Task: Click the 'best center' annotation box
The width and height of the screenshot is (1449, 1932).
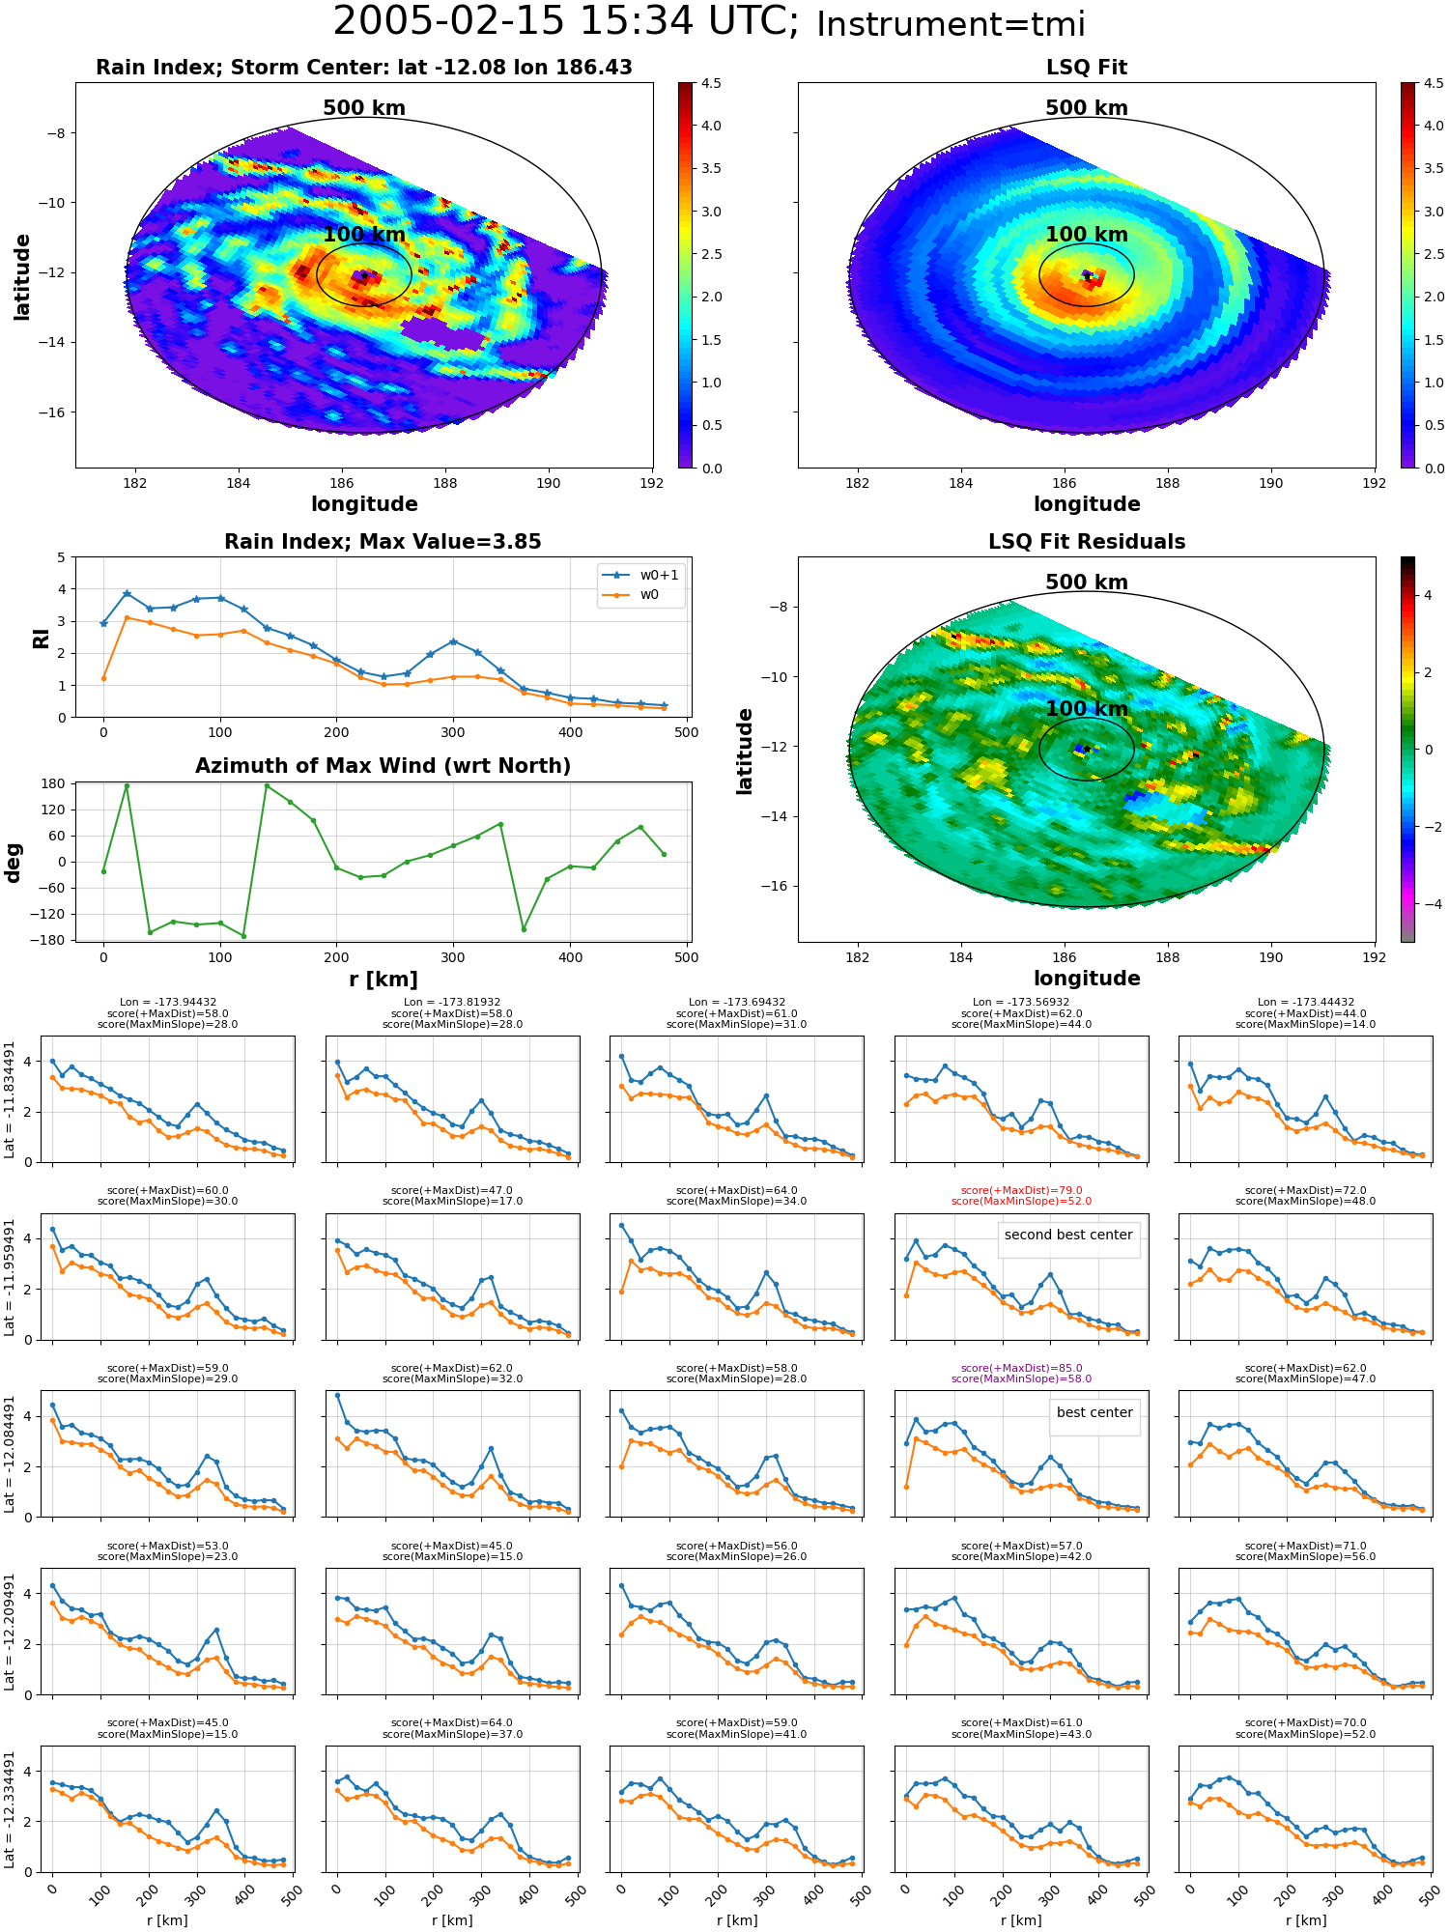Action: coord(1094,1412)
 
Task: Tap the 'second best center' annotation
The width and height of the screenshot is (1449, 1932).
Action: coord(1068,1235)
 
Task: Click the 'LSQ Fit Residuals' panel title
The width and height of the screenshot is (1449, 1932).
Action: coord(1087,542)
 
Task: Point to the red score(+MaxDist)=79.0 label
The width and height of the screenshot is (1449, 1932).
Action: coord(1021,1190)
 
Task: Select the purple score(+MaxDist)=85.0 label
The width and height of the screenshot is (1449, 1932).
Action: coord(1021,1368)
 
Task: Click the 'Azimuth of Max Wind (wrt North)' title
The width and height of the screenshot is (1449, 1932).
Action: coord(383,766)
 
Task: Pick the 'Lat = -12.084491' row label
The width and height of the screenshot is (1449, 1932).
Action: coord(10,1454)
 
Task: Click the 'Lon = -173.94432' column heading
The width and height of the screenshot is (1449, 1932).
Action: coord(168,1003)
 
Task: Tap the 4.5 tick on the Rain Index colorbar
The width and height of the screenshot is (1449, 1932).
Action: coord(711,84)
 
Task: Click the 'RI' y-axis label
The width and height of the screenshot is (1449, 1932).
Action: coord(42,639)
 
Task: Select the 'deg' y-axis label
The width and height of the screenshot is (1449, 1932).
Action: coord(13,863)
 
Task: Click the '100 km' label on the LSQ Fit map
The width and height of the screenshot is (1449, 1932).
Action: coord(1087,235)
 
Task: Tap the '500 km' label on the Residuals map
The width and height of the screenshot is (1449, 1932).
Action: coord(1087,582)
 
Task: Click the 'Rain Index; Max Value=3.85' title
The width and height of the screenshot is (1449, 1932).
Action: coord(383,542)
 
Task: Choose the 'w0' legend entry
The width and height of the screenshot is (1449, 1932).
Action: coord(649,594)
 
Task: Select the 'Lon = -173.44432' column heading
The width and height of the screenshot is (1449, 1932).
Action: coord(1306,1003)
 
